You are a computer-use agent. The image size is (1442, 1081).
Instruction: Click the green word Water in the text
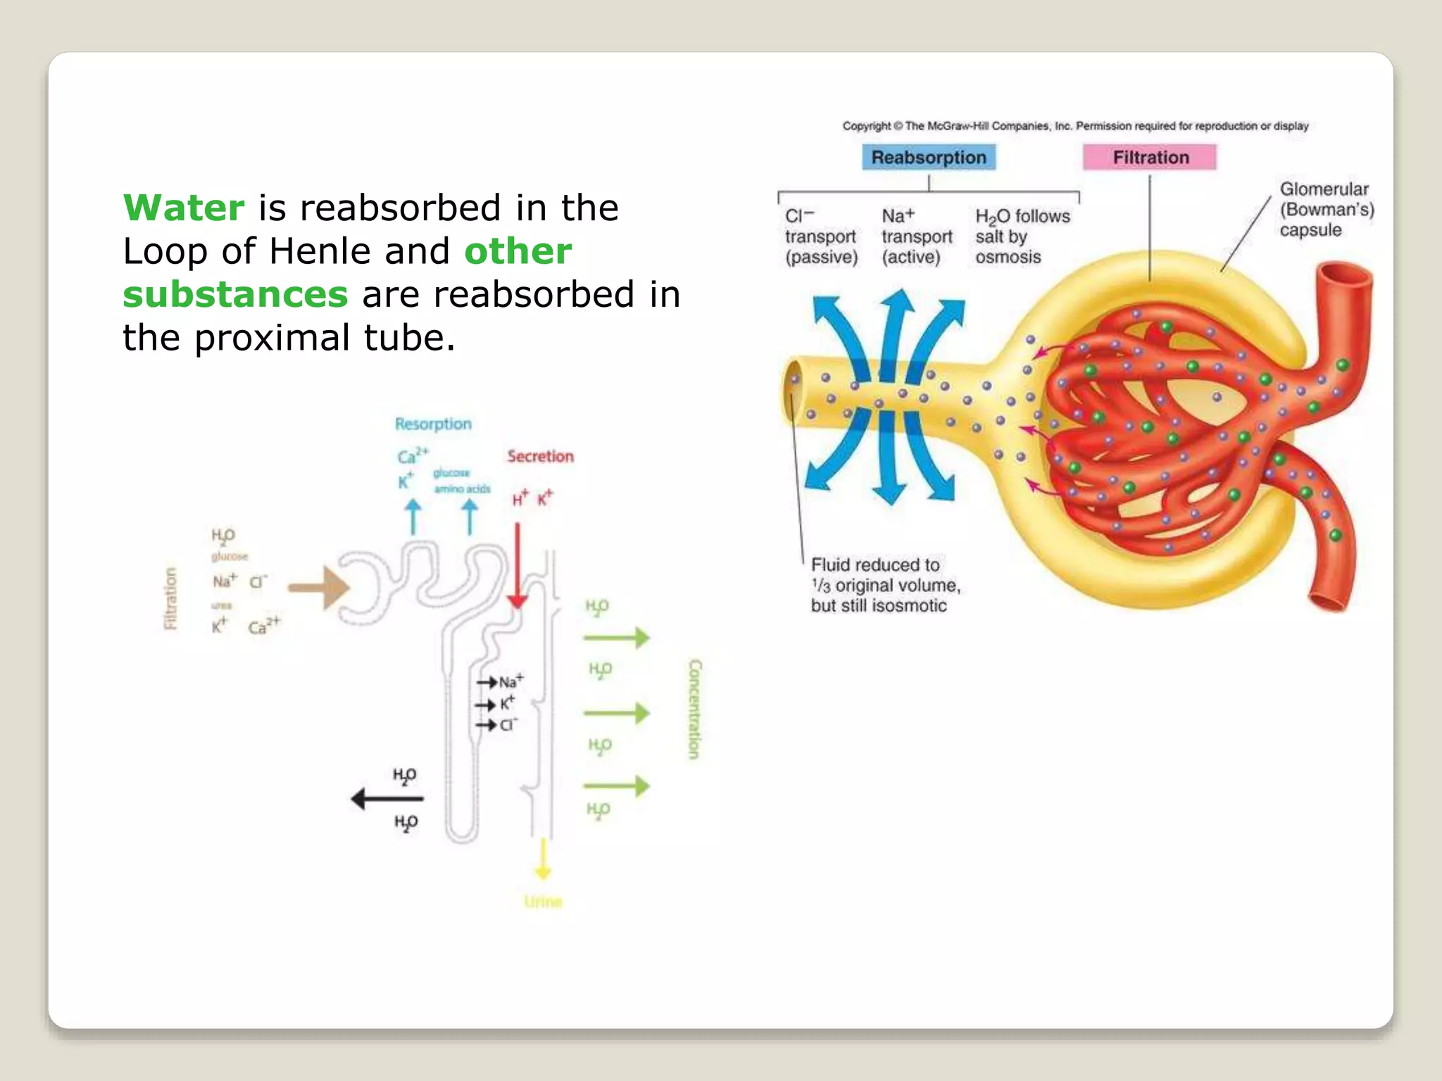tap(184, 208)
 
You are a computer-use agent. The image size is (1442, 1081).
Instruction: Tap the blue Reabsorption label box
tap(929, 157)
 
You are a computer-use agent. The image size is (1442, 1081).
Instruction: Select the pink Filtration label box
tap(1150, 157)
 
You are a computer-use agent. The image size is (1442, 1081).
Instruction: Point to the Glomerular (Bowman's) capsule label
tap(1326, 210)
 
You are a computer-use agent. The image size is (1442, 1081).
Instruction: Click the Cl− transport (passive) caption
tap(821, 236)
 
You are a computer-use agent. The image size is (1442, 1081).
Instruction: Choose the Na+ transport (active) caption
tap(917, 236)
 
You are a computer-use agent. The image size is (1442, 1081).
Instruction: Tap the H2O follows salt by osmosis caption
tap(1022, 236)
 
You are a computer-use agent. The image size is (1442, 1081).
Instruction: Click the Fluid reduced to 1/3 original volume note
tap(885, 585)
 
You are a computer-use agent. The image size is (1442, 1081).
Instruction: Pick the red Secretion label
tap(540, 456)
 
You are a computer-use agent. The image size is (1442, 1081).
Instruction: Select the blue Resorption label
tap(433, 424)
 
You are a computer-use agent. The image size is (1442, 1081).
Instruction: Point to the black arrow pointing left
tap(387, 799)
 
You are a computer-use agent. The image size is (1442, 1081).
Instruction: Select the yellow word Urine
tap(543, 902)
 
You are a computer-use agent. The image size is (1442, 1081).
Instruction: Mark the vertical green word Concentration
tap(695, 709)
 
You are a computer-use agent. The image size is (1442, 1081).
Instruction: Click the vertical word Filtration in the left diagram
tap(170, 598)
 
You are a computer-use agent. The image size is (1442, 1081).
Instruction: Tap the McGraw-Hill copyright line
tap(1075, 126)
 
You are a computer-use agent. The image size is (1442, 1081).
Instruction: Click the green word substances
tap(235, 294)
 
